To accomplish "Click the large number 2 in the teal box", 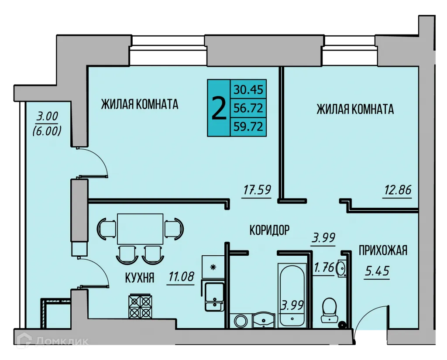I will point(219,108).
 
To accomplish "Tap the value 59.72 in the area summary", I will point(248,127).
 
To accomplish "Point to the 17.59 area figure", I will point(257,190).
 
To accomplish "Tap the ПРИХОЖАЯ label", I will point(383,250).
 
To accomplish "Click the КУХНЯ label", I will point(139,278).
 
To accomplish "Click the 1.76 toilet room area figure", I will point(324,268).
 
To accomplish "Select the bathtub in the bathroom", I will point(291,295).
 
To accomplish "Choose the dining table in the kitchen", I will point(140,229).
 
